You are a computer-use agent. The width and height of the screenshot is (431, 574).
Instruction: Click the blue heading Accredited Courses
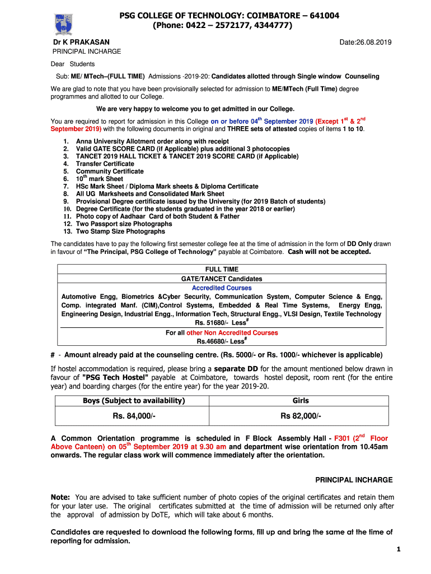click(x=222, y=288)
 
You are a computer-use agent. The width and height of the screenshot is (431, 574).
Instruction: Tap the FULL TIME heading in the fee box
click(x=222, y=270)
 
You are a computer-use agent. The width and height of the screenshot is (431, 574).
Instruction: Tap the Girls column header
click(x=301, y=401)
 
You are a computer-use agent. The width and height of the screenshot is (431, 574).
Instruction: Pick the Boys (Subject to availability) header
click(x=134, y=401)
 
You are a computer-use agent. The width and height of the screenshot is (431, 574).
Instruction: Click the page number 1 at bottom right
click(x=398, y=550)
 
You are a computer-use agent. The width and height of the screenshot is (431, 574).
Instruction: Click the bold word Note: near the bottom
click(x=60, y=497)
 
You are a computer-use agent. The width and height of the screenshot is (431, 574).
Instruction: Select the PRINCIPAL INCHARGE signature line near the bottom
click(x=354, y=480)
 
